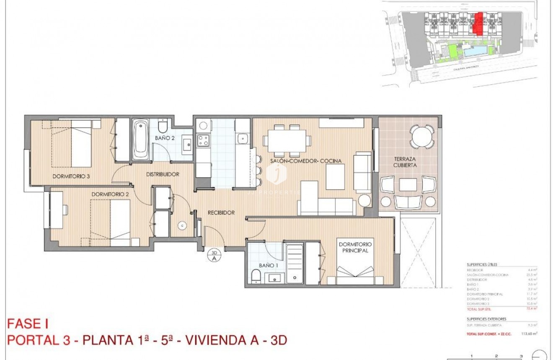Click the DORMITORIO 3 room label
click(x=71, y=176)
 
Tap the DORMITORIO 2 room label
click(x=110, y=194)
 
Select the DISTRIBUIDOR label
click(x=163, y=174)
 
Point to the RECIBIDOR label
click(x=221, y=212)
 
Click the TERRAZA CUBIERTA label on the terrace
click(x=405, y=162)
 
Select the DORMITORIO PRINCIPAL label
click(x=356, y=247)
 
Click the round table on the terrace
click(x=422, y=136)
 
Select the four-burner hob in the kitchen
click(x=204, y=140)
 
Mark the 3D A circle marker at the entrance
click(x=214, y=255)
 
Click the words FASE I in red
click(x=28, y=324)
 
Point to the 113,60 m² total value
click(x=529, y=334)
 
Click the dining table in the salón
click(x=287, y=140)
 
